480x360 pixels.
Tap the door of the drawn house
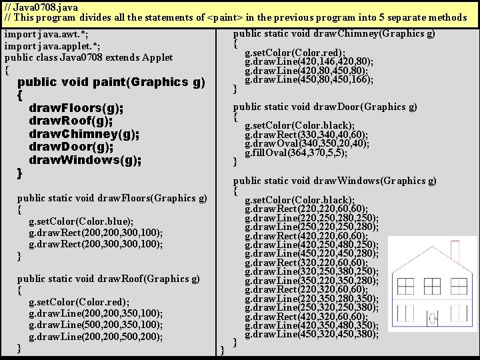pyautogui.click(x=432, y=319)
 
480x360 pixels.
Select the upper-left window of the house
pyautogui.click(x=405, y=287)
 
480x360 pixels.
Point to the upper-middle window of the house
pyautogui.click(x=432, y=287)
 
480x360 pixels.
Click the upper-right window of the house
pyautogui.click(x=459, y=287)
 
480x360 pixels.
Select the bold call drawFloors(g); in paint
pyautogui.click(x=76, y=108)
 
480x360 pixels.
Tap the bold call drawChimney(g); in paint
pyautogui.click(x=84, y=134)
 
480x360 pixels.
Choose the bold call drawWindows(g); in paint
pyautogui.click(x=85, y=160)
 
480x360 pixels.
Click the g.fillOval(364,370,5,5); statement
pyautogui.click(x=295, y=153)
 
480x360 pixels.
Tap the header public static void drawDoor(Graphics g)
pyautogui.click(x=325, y=106)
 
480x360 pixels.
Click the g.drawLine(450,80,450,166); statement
pyautogui.click(x=309, y=80)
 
